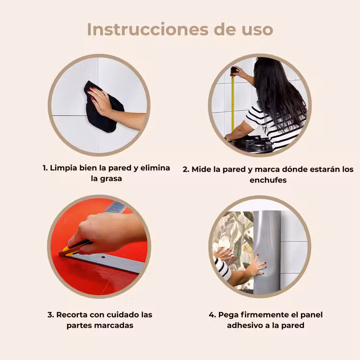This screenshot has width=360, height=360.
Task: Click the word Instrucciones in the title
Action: pyautogui.click(x=148, y=29)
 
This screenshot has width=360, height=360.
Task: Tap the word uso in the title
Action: pyautogui.click(x=257, y=30)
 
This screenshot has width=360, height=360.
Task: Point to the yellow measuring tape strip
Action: pyautogui.click(x=233, y=103)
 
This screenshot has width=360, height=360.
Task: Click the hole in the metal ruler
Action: pyautogui.click(x=103, y=257)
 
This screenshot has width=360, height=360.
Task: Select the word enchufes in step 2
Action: pyautogui.click(x=268, y=180)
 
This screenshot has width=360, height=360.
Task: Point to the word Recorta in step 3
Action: pyautogui.click(x=72, y=314)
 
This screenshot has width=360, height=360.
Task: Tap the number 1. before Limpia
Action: pyautogui.click(x=45, y=168)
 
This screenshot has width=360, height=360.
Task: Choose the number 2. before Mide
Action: pyautogui.click(x=186, y=169)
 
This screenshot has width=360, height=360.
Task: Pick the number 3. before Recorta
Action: pyautogui.click(x=51, y=315)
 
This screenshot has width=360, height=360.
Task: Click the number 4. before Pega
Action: pyautogui.click(x=212, y=315)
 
